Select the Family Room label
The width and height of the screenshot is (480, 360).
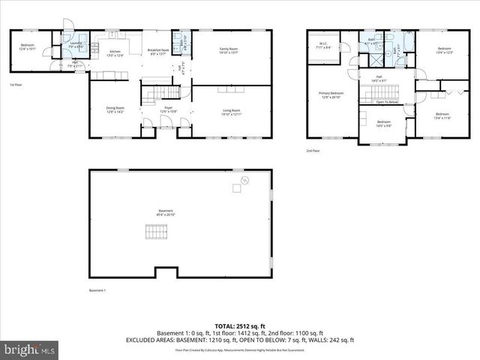click(228, 50)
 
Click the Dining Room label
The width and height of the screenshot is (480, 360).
click(115, 110)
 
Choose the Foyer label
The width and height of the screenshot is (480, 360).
click(169, 110)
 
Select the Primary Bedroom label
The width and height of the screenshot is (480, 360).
click(331, 94)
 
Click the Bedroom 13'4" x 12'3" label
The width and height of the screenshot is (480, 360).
click(442, 50)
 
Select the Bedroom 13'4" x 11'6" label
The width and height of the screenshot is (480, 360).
click(442, 115)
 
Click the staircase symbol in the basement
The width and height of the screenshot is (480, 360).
click(154, 235)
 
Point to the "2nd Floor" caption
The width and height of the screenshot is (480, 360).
click(313, 151)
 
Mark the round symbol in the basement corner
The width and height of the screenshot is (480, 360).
click(244, 180)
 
